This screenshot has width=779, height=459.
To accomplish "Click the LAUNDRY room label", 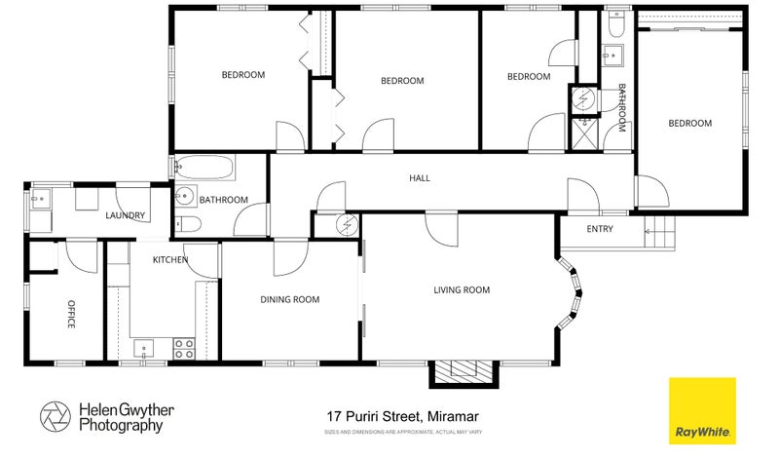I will click(x=126, y=216).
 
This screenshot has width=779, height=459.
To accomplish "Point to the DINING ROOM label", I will click(x=289, y=299).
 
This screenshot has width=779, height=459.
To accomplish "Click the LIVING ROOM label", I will click(x=461, y=289).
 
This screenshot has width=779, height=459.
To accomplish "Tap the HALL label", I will click(x=420, y=178).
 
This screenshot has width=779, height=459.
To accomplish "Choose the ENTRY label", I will click(x=600, y=229).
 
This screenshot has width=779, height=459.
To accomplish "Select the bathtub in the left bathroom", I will click(x=204, y=169).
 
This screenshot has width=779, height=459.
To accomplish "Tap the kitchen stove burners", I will click(x=183, y=348).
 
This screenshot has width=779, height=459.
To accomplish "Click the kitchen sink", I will click(x=143, y=348).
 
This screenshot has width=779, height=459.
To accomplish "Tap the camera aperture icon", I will click(x=56, y=417).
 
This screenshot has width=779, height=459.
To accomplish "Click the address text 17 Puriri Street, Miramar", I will click(x=400, y=415).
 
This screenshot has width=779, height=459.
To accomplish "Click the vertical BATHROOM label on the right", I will click(x=622, y=108).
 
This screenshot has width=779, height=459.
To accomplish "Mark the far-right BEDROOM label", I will click(x=689, y=124).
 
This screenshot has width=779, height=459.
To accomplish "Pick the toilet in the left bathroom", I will click(x=188, y=225).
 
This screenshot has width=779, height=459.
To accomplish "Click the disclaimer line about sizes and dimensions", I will click(x=400, y=430).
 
